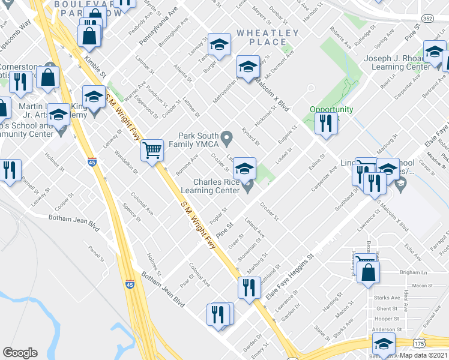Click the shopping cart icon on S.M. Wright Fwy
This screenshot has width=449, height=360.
(x=152, y=149)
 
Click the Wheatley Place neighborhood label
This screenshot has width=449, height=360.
(x=267, y=37)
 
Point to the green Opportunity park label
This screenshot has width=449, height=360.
(x=331, y=110)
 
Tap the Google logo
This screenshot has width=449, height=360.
(x=20, y=353)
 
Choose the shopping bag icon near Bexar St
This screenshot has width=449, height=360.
(x=367, y=272)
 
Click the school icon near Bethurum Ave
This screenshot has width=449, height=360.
(x=384, y=343)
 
